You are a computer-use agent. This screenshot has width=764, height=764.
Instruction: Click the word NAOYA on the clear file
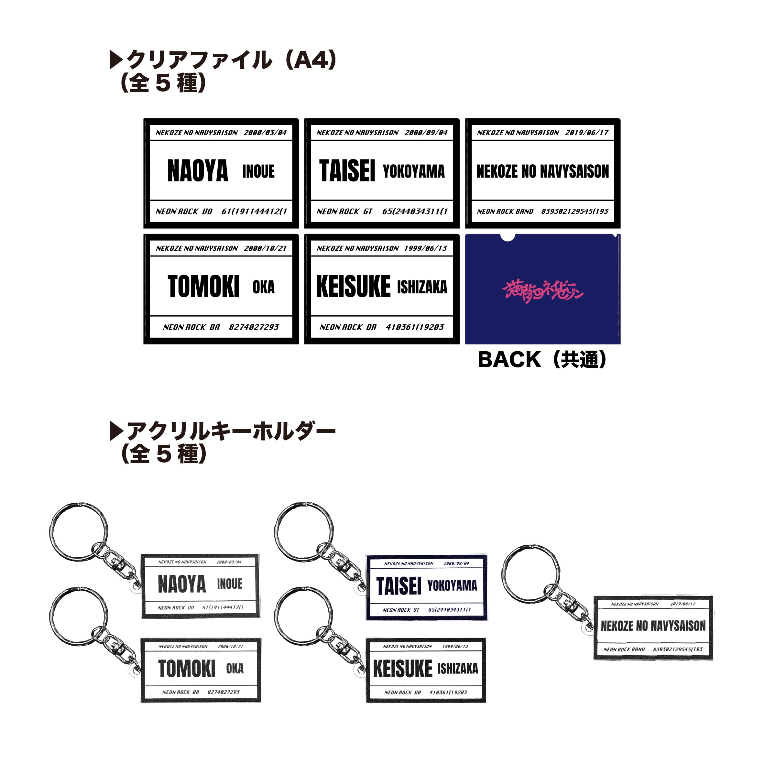click(x=197, y=171)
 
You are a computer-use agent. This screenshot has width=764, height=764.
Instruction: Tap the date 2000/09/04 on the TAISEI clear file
click(x=426, y=133)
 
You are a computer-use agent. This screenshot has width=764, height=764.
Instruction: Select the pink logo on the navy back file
click(x=542, y=291)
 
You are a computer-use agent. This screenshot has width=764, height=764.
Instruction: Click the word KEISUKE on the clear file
click(x=353, y=287)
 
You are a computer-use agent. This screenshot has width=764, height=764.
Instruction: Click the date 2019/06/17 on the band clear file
click(x=587, y=133)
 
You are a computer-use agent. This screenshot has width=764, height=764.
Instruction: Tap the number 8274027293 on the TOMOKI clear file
click(x=254, y=327)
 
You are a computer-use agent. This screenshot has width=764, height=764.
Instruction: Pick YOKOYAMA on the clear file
click(x=414, y=171)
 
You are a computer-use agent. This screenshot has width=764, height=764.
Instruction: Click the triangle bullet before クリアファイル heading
click(x=115, y=60)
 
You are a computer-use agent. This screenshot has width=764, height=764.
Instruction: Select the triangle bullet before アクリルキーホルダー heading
click(x=116, y=431)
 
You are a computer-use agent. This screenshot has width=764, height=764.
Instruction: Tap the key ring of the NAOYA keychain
click(x=79, y=532)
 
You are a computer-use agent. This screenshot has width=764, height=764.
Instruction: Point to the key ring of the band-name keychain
click(x=531, y=573)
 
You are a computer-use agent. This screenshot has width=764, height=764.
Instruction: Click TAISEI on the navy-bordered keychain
click(x=398, y=586)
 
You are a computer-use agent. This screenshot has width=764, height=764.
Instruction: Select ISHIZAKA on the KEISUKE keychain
click(x=458, y=669)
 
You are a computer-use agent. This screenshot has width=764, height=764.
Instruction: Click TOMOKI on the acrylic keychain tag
click(x=187, y=669)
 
